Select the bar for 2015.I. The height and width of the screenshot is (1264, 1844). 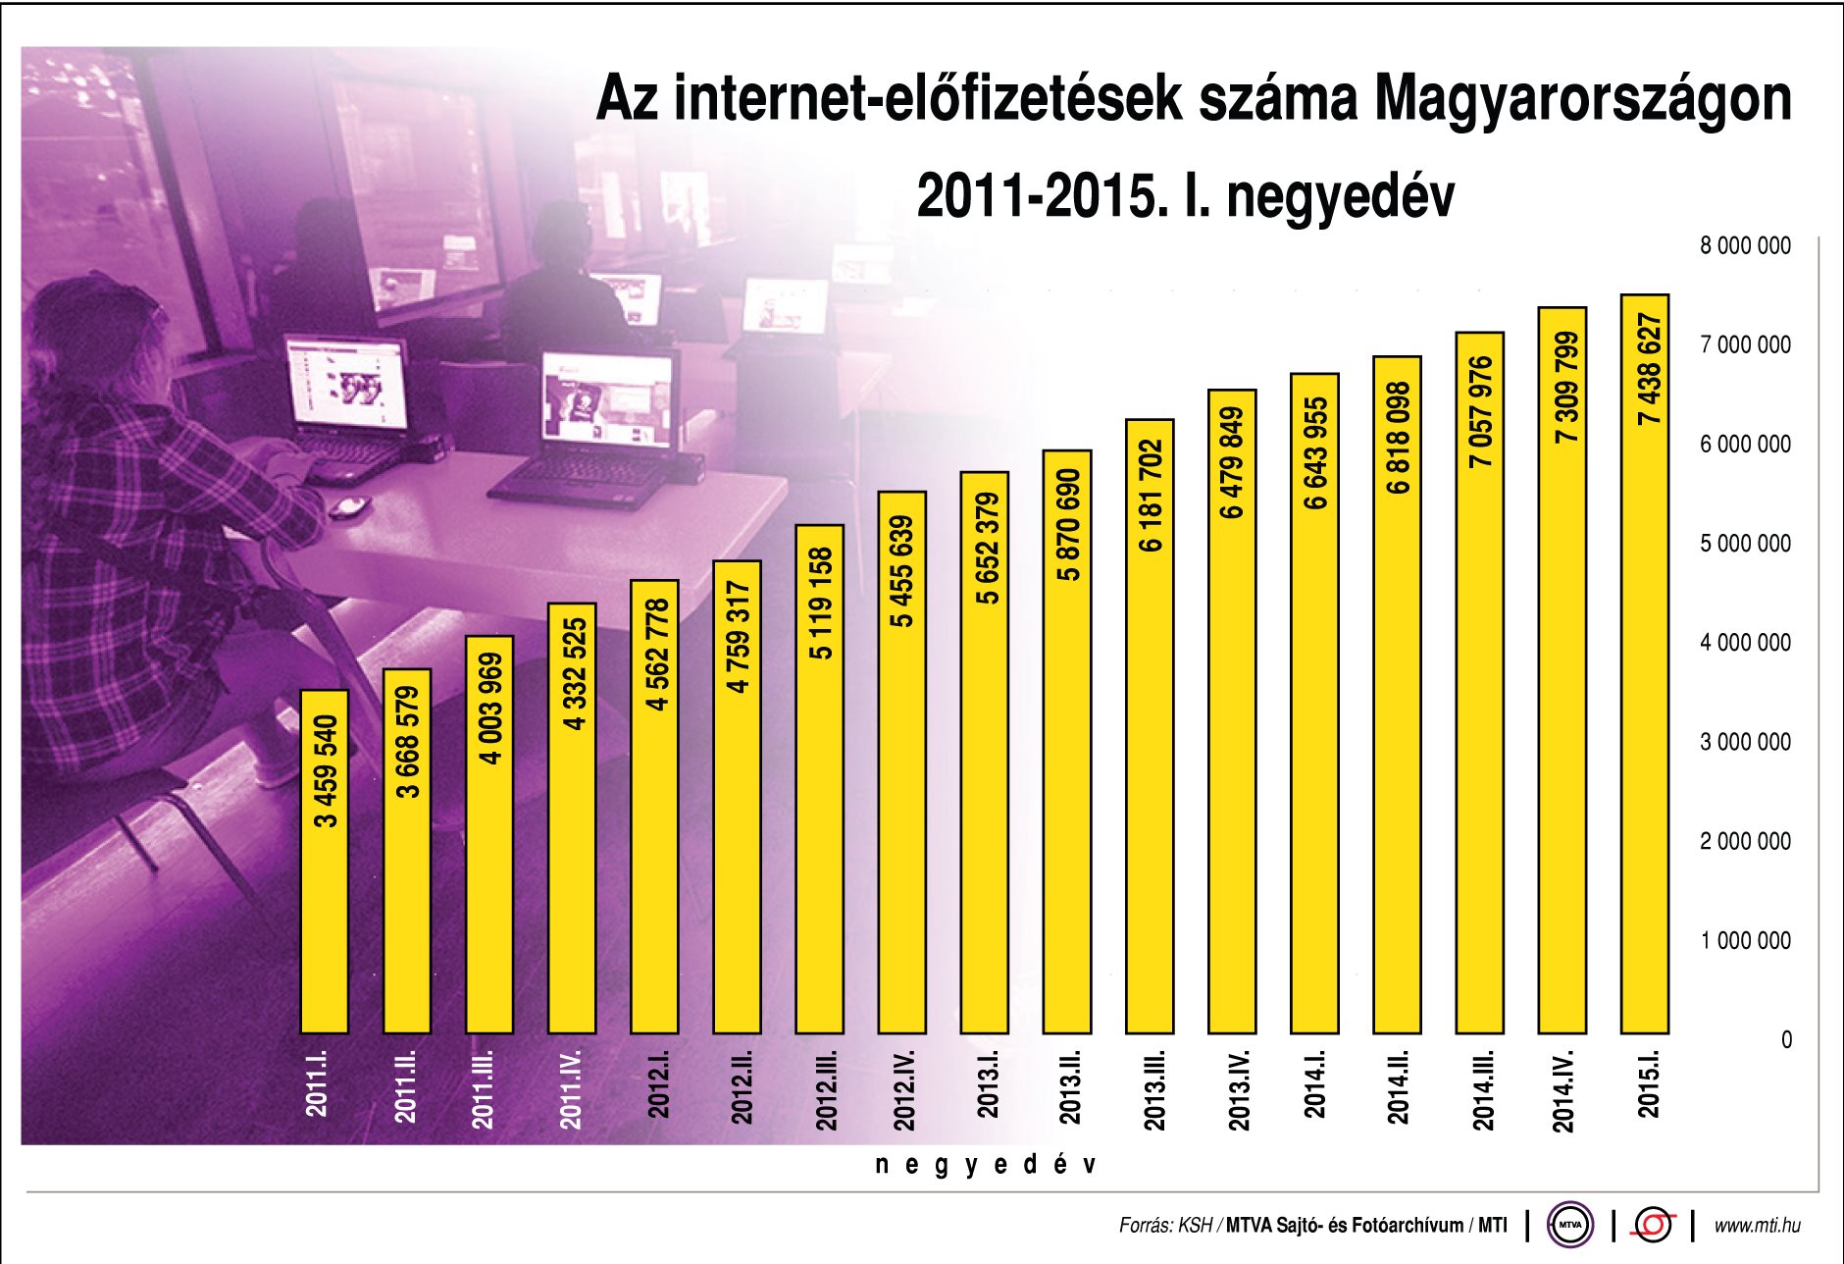pos(1645,687)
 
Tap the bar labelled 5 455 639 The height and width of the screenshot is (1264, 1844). pos(901,785)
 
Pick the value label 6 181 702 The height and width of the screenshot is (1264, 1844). pos(1151,496)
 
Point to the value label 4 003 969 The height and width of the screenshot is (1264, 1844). pos(490,709)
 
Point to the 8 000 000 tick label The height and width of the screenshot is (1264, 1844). pos(1745,245)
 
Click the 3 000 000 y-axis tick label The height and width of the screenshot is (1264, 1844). pos(1745,742)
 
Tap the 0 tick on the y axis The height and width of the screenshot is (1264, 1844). pos(1785,1039)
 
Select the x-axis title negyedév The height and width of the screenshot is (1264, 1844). pos(985,1165)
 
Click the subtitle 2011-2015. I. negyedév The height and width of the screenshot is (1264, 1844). pos(1185,196)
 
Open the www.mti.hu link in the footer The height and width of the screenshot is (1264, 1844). pos(1757,1225)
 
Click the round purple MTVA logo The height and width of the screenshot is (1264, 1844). pos(1570,1225)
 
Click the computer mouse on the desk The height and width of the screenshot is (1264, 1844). pos(349,506)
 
